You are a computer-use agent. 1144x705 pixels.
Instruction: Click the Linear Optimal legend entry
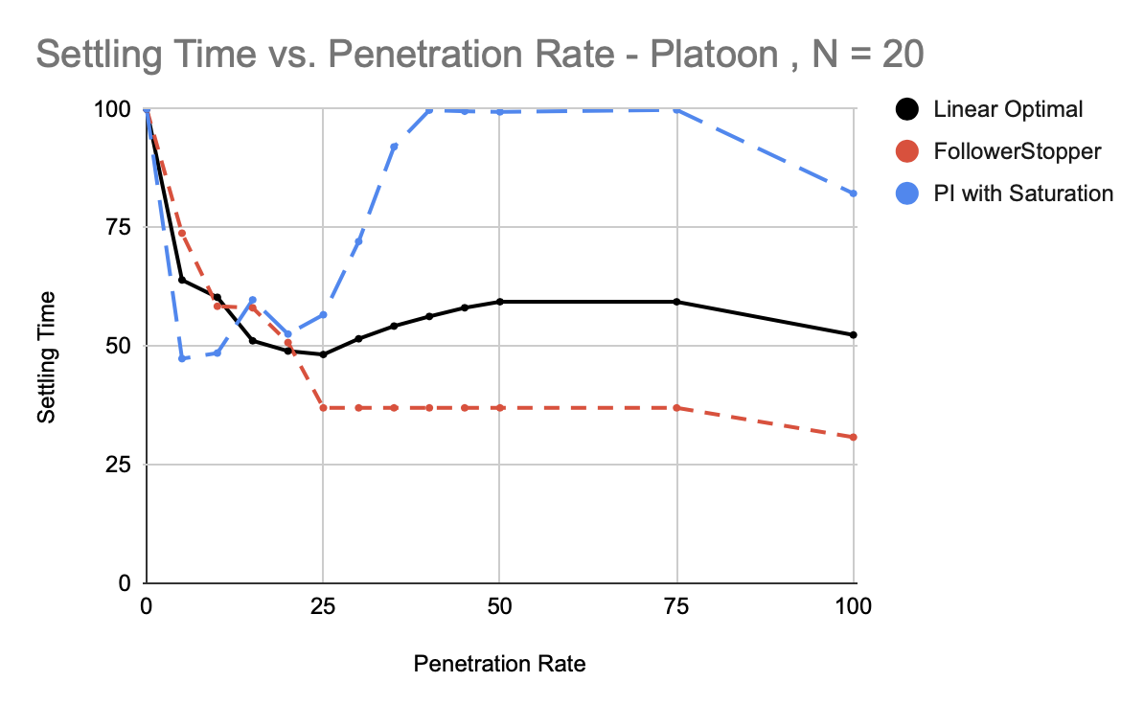[1008, 109]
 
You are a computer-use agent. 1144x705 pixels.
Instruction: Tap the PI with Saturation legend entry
[1023, 193]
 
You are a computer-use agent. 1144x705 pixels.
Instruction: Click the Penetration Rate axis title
[499, 664]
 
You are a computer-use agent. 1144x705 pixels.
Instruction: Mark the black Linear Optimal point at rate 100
[854, 335]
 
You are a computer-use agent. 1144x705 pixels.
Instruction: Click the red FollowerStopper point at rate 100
[854, 438]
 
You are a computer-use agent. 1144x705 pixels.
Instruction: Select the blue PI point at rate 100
[854, 193]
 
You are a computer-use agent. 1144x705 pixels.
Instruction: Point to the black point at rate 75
[677, 302]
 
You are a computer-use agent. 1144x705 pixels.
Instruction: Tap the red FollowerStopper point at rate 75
[677, 408]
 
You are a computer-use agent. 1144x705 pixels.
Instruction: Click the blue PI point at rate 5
[182, 358]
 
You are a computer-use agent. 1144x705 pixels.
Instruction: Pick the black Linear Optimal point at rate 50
[499, 302]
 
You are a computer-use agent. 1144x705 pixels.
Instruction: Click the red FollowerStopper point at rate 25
[323, 408]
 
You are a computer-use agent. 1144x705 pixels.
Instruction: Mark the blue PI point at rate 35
[394, 146]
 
